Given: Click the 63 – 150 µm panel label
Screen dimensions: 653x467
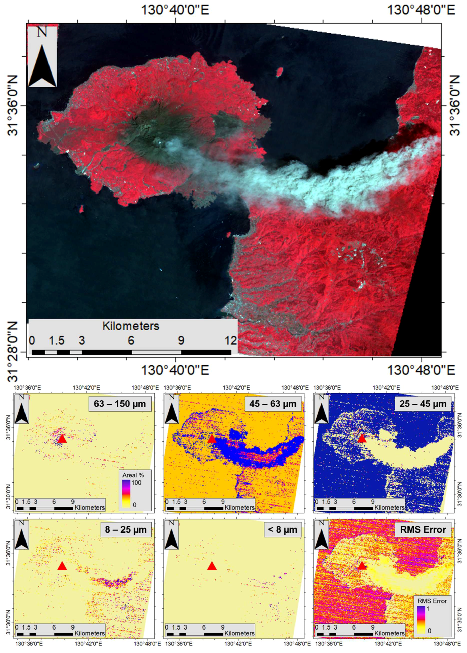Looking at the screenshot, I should pos(120,404).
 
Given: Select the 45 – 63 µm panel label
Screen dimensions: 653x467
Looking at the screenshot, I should pos(273,404).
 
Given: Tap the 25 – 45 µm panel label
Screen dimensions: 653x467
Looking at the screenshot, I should pos(423,404).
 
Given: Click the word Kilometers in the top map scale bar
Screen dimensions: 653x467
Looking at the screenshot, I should pos(131,326).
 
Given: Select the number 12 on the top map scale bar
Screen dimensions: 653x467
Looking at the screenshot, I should pos(231,341).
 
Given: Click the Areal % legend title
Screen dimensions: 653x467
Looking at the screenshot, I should pos(133,475).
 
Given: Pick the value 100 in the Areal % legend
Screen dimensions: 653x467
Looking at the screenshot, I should pos(136,482).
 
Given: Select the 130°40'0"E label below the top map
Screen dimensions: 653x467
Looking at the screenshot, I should pos(175,370).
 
